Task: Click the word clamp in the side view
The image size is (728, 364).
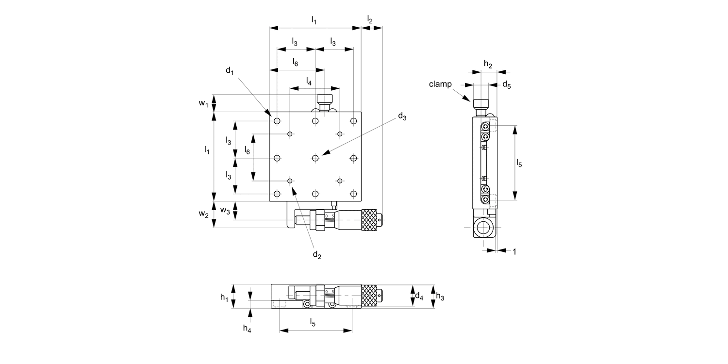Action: [x=440, y=84]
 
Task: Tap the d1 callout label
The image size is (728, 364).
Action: [x=230, y=70]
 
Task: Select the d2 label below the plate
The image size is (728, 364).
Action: [x=317, y=255]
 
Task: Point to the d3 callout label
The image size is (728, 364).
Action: [x=402, y=116]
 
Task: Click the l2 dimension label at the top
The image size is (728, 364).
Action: [x=370, y=19]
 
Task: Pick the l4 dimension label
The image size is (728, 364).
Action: [x=309, y=81]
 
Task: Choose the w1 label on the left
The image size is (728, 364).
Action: [x=203, y=103]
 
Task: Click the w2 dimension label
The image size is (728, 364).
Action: [x=203, y=214]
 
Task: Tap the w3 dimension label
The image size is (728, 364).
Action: [x=225, y=210]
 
